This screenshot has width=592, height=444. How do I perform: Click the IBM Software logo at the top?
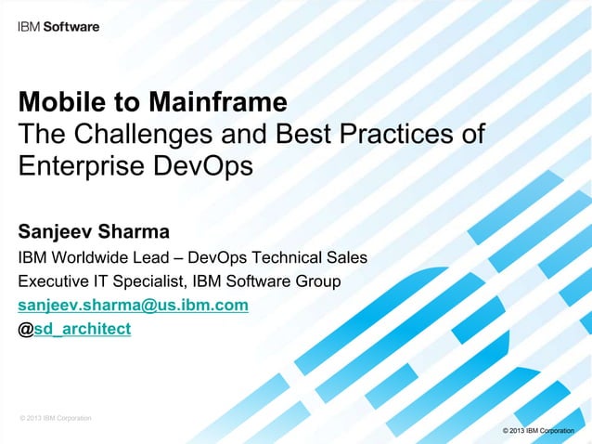pyautogui.click(x=58, y=27)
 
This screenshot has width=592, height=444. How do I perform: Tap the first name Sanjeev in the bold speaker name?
pyautogui.click(x=56, y=229)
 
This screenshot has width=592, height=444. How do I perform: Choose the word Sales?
pyautogui.click(x=347, y=257)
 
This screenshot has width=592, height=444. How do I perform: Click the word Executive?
pyautogui.click(x=55, y=281)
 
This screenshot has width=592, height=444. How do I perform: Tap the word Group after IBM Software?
pyautogui.click(x=320, y=281)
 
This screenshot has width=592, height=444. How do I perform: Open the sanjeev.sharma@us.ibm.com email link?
pyautogui.click(x=133, y=306)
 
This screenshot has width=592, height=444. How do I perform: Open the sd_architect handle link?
pyautogui.click(x=83, y=330)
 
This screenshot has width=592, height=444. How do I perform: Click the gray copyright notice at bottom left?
pyautogui.click(x=55, y=419)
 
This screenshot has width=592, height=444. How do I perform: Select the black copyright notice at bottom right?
pyautogui.click(x=536, y=431)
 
